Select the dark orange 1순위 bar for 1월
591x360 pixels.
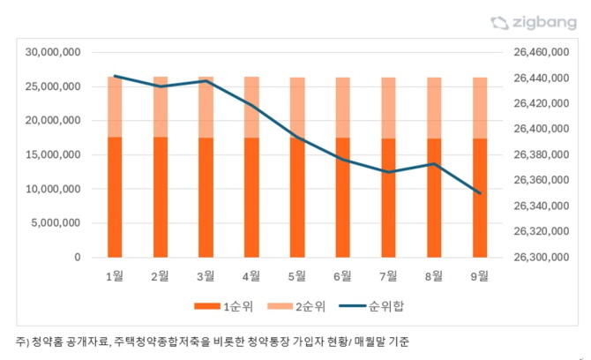pyautogui.click(x=115, y=197)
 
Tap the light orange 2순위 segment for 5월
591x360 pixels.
pyautogui.click(x=297, y=107)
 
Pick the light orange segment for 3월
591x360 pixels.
pyautogui.click(x=206, y=107)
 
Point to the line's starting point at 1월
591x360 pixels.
pyautogui.click(x=115, y=77)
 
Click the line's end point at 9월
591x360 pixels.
pyautogui.click(x=480, y=193)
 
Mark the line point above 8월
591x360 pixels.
pyautogui.click(x=434, y=163)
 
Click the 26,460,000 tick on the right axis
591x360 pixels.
pyautogui.click(x=541, y=53)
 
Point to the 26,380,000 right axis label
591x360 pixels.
pyautogui.click(x=541, y=155)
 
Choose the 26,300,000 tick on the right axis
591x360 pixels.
pyautogui.click(x=541, y=258)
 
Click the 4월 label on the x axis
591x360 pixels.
pyautogui.click(x=251, y=276)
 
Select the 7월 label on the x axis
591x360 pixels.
pyautogui.click(x=388, y=276)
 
